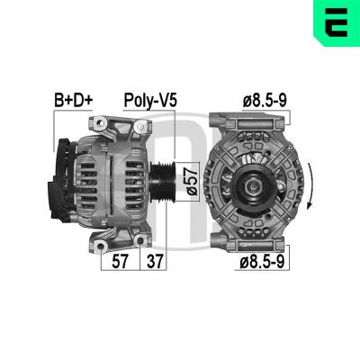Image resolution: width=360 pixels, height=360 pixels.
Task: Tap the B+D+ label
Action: (x=73, y=100)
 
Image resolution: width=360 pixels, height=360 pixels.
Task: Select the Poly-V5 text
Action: (x=148, y=100)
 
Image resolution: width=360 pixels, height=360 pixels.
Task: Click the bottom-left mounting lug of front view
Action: (x=220, y=241)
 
